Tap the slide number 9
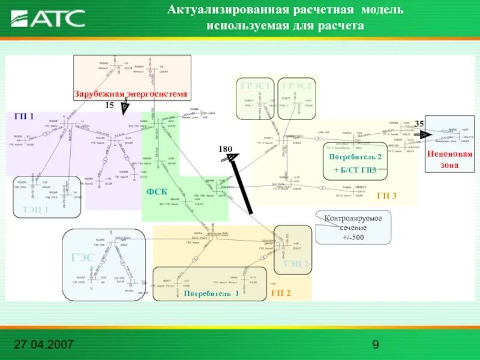[376, 344]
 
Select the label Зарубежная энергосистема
[131, 94]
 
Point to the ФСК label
[157, 191]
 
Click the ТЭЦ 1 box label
[35, 209]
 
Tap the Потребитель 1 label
[211, 293]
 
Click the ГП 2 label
[281, 293]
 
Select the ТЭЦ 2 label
[296, 264]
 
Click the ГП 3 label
[386, 196]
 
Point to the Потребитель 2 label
[355, 157]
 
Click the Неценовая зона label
[449, 159]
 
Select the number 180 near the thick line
[225, 148]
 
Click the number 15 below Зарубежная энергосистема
[109, 105]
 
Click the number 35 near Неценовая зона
[419, 124]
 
